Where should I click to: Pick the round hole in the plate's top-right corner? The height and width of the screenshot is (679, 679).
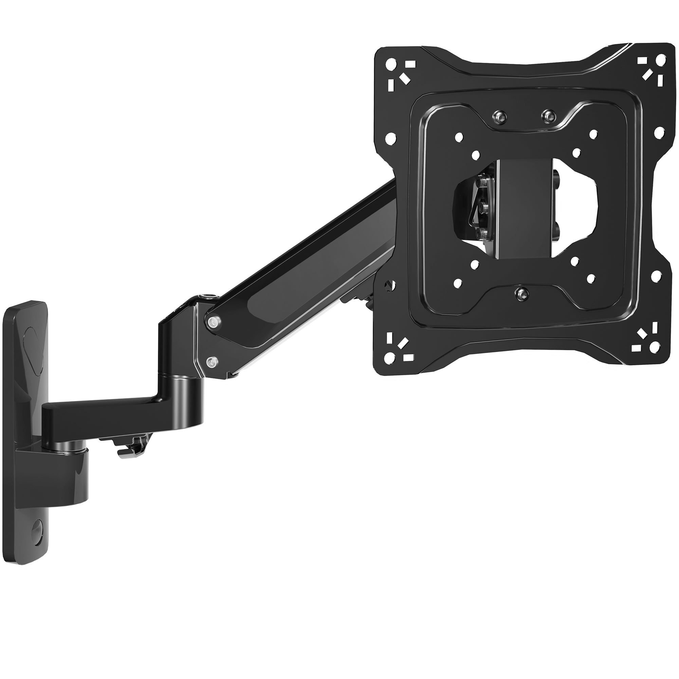click(661, 58)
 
